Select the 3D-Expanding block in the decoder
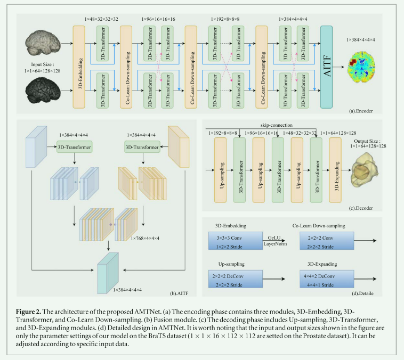pos(335,169)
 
